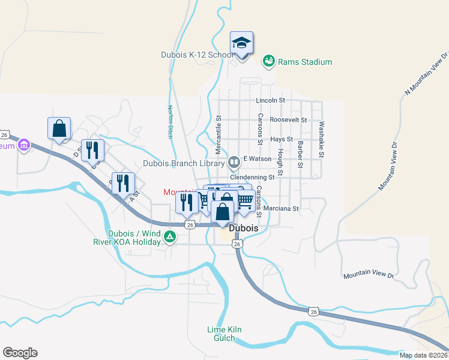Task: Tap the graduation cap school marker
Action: click(242, 43)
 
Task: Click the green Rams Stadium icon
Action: click(269, 61)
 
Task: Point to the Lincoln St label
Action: click(270, 100)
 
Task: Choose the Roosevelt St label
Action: click(288, 119)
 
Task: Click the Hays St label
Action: click(282, 139)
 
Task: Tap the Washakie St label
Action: click(322, 140)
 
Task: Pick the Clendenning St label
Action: click(252, 178)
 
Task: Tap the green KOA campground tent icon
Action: click(170, 237)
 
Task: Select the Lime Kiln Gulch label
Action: click(224, 334)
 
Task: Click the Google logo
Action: click(20, 353)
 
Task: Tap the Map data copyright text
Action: click(423, 355)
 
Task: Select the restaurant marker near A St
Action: click(123, 184)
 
